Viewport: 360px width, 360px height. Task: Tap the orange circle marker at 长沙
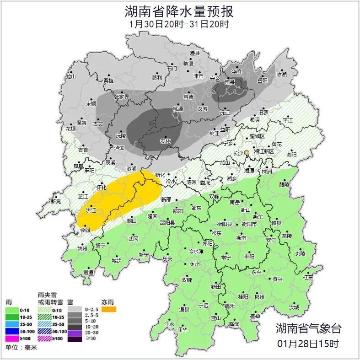[x=247, y=152]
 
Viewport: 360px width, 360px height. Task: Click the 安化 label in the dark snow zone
[x=165, y=141]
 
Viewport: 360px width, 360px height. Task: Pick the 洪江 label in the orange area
[x=91, y=210]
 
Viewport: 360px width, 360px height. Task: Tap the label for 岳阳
[x=263, y=81]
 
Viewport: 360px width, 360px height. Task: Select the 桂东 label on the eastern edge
[x=308, y=277]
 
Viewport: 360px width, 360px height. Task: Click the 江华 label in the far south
[x=183, y=329]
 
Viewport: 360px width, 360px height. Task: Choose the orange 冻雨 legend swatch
[x=109, y=309]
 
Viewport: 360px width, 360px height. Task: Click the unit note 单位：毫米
[x=21, y=347]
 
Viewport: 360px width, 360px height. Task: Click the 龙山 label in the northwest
[x=70, y=77]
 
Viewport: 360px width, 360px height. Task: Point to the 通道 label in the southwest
[x=88, y=273]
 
